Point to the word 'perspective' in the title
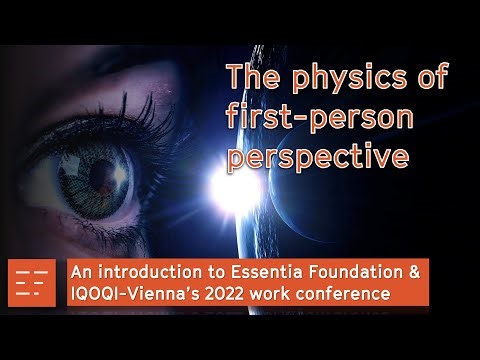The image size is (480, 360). coord(317,158)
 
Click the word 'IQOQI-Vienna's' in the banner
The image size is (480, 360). coord(143,295)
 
